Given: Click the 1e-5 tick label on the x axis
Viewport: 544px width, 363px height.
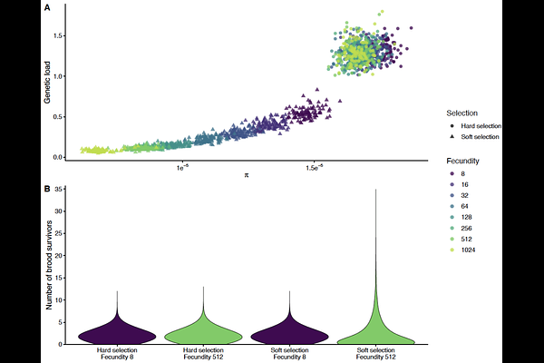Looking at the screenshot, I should coord(182,166).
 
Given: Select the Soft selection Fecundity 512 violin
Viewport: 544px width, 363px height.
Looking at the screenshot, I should coord(375,334).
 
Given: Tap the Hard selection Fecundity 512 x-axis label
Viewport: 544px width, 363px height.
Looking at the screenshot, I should coord(203,354).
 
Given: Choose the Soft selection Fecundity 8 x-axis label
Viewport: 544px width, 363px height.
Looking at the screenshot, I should coord(289,354).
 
